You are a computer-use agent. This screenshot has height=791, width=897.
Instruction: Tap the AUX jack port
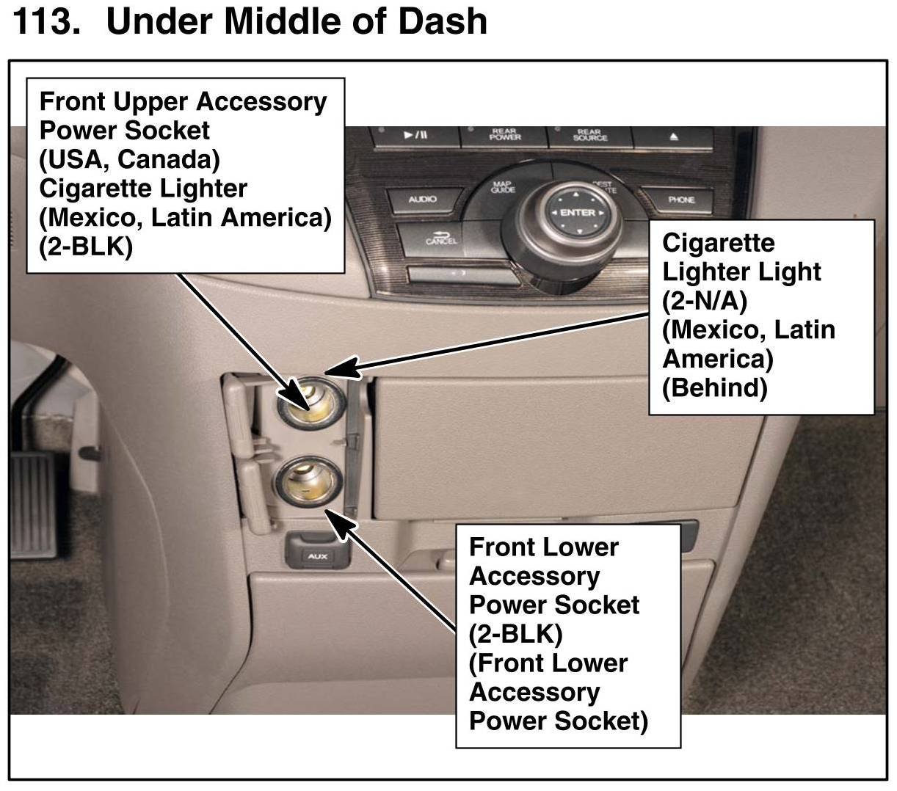point(317,556)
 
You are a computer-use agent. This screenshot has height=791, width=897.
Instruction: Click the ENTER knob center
point(577,213)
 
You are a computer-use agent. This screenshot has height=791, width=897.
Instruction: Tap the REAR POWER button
point(504,136)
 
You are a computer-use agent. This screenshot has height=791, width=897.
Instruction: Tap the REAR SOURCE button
point(589,136)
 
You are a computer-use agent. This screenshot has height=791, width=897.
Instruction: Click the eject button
point(674,136)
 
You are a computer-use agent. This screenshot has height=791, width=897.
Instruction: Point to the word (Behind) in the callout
point(714,387)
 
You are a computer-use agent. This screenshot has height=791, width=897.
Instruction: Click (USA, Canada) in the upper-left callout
point(129,159)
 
